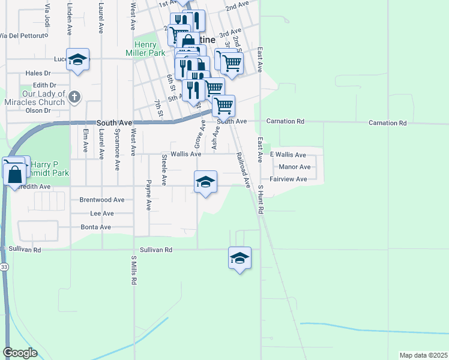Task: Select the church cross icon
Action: click(75, 97)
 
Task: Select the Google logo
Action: click(20, 352)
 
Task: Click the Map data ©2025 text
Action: click(424, 355)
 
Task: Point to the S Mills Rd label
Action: click(134, 270)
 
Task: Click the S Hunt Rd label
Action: click(261, 200)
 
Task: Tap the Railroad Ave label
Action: click(243, 167)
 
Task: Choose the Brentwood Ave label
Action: click(102, 200)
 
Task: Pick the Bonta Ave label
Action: click(96, 227)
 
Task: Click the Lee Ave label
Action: click(101, 214)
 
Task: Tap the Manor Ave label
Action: click(294, 167)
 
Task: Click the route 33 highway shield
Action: click(4, 267)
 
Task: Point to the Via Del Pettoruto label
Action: click(23, 36)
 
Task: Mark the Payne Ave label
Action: click(148, 194)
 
